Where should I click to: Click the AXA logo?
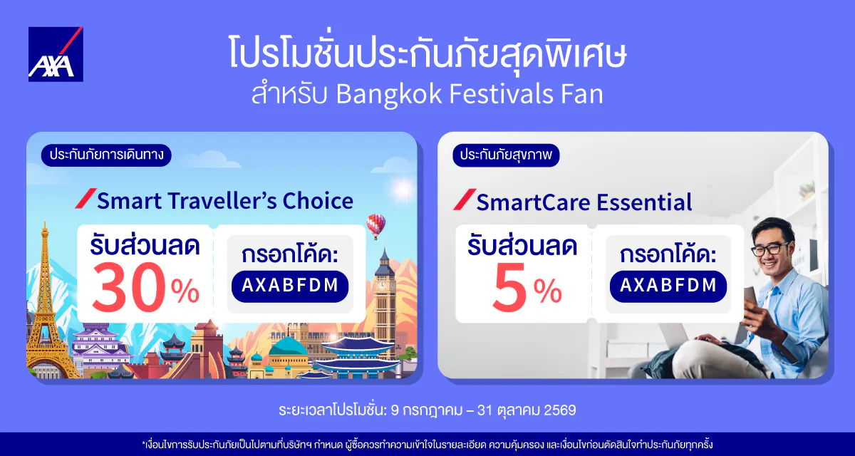(x=56, y=54)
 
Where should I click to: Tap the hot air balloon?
(x=376, y=226)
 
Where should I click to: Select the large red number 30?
(x=129, y=287)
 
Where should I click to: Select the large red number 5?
(x=509, y=287)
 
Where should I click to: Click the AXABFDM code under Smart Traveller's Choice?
(x=290, y=286)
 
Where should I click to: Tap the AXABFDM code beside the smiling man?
(x=668, y=286)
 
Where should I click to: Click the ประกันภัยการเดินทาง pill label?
(x=106, y=155)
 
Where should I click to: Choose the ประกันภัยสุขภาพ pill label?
(x=506, y=155)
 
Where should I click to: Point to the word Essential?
(x=644, y=202)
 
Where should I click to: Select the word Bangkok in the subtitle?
(x=389, y=93)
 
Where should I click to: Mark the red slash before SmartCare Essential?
(x=465, y=199)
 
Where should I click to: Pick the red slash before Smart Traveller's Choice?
(x=86, y=198)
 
